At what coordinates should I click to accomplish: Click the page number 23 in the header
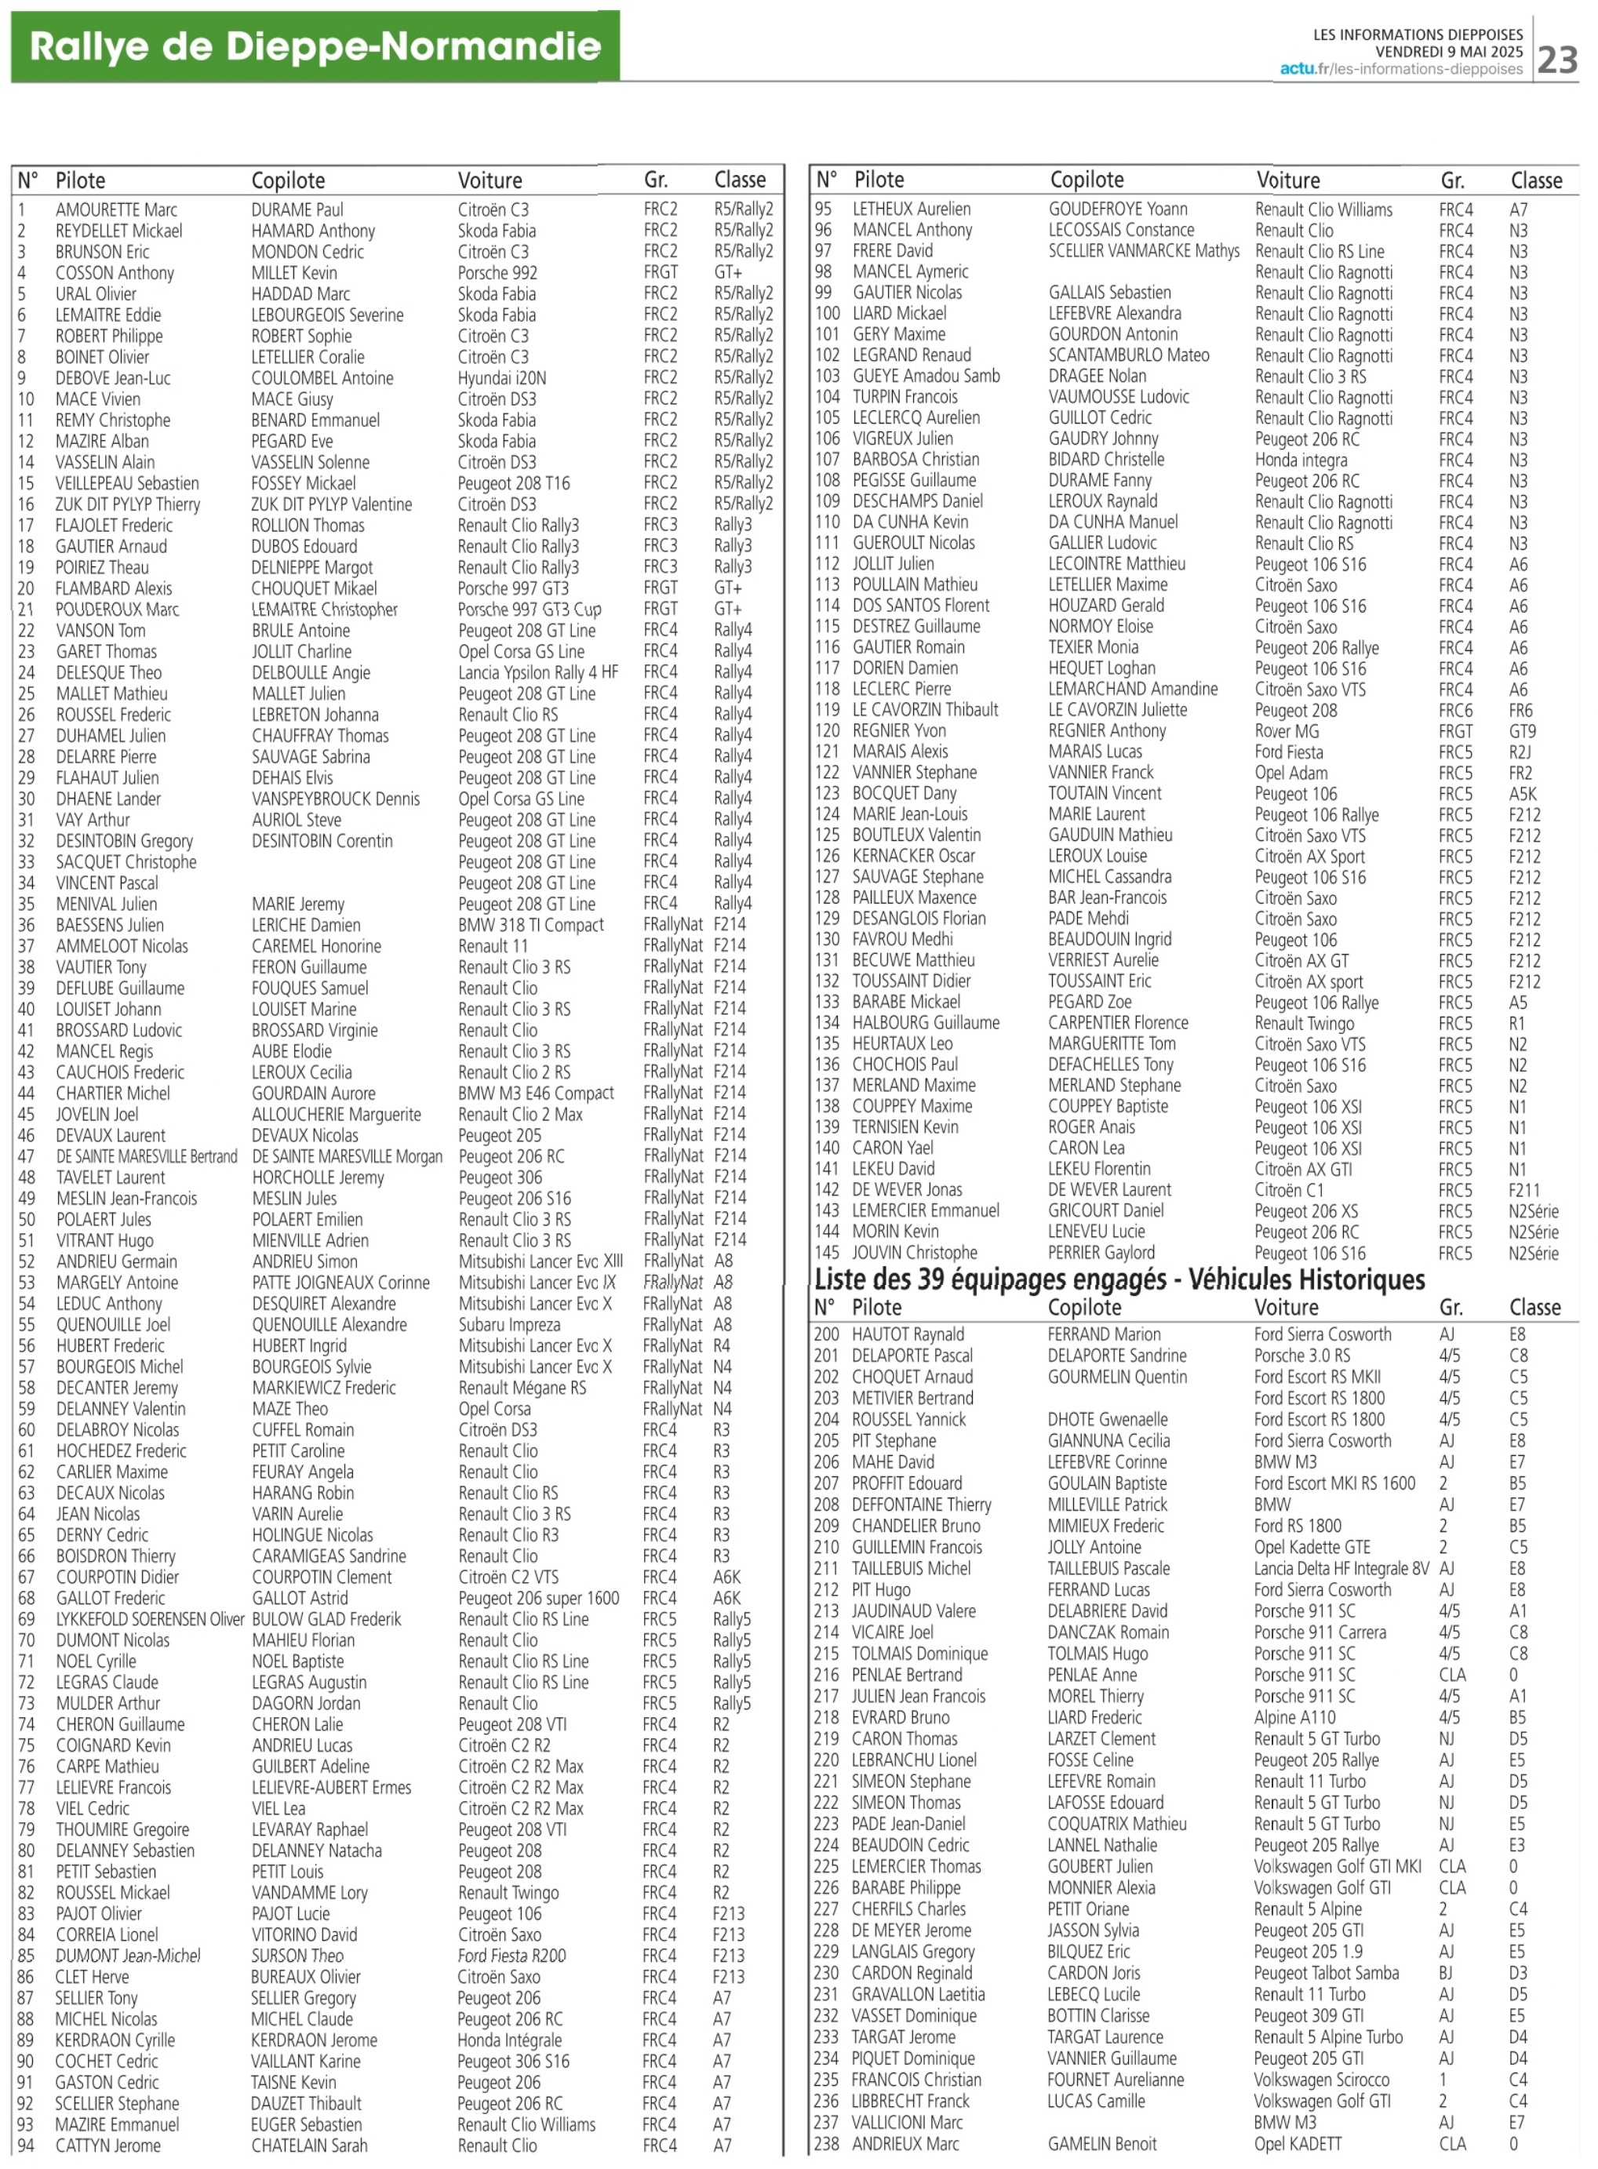(x=1557, y=60)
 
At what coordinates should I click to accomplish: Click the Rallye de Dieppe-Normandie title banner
(x=315, y=46)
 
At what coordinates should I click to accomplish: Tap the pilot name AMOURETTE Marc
(x=116, y=210)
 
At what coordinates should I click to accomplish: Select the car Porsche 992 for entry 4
(x=497, y=273)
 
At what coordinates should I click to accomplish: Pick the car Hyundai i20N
(x=501, y=378)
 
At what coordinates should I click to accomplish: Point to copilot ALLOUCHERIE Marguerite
(x=336, y=1114)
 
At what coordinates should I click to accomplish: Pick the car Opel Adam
(x=1290, y=773)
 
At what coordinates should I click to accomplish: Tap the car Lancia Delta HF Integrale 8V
(x=1340, y=1568)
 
